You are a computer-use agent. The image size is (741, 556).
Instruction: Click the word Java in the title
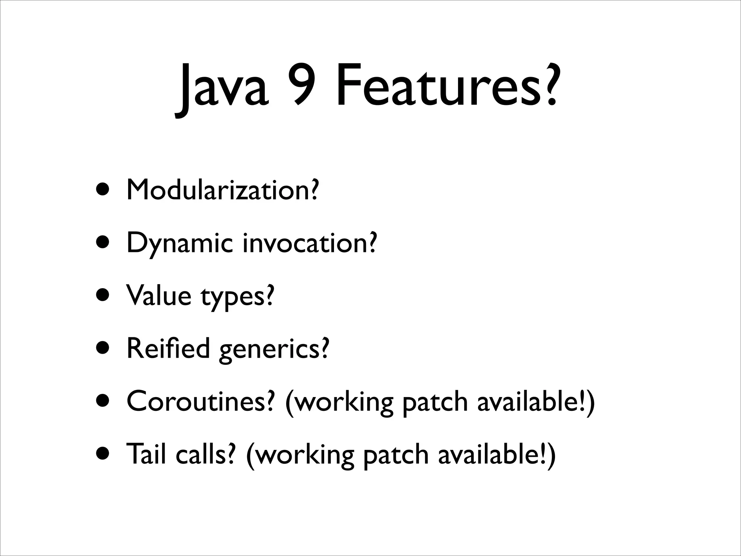pos(222,89)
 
